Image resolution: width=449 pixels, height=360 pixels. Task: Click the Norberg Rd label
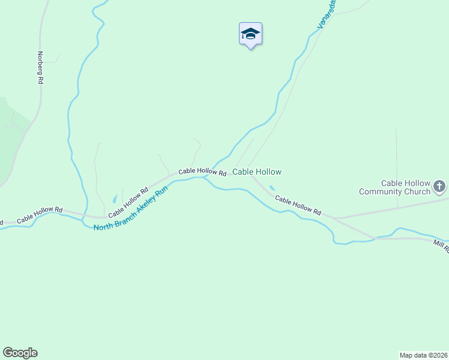point(40,68)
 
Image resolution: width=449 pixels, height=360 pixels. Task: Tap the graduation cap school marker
point(250,34)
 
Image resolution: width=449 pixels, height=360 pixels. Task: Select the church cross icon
point(440,187)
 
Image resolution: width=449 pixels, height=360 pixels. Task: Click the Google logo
point(20,353)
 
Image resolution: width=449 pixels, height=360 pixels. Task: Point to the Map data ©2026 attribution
point(423,355)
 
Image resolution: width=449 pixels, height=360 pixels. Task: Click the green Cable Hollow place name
point(257,172)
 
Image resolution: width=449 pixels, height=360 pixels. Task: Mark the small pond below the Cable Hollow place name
point(273,188)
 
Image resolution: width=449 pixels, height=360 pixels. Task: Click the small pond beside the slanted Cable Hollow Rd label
point(115,199)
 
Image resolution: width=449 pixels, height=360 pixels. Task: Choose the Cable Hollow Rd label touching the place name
point(202,172)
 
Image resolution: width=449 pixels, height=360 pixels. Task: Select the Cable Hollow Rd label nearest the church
point(298,205)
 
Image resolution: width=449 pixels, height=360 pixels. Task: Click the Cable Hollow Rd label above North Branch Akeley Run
point(128,203)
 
